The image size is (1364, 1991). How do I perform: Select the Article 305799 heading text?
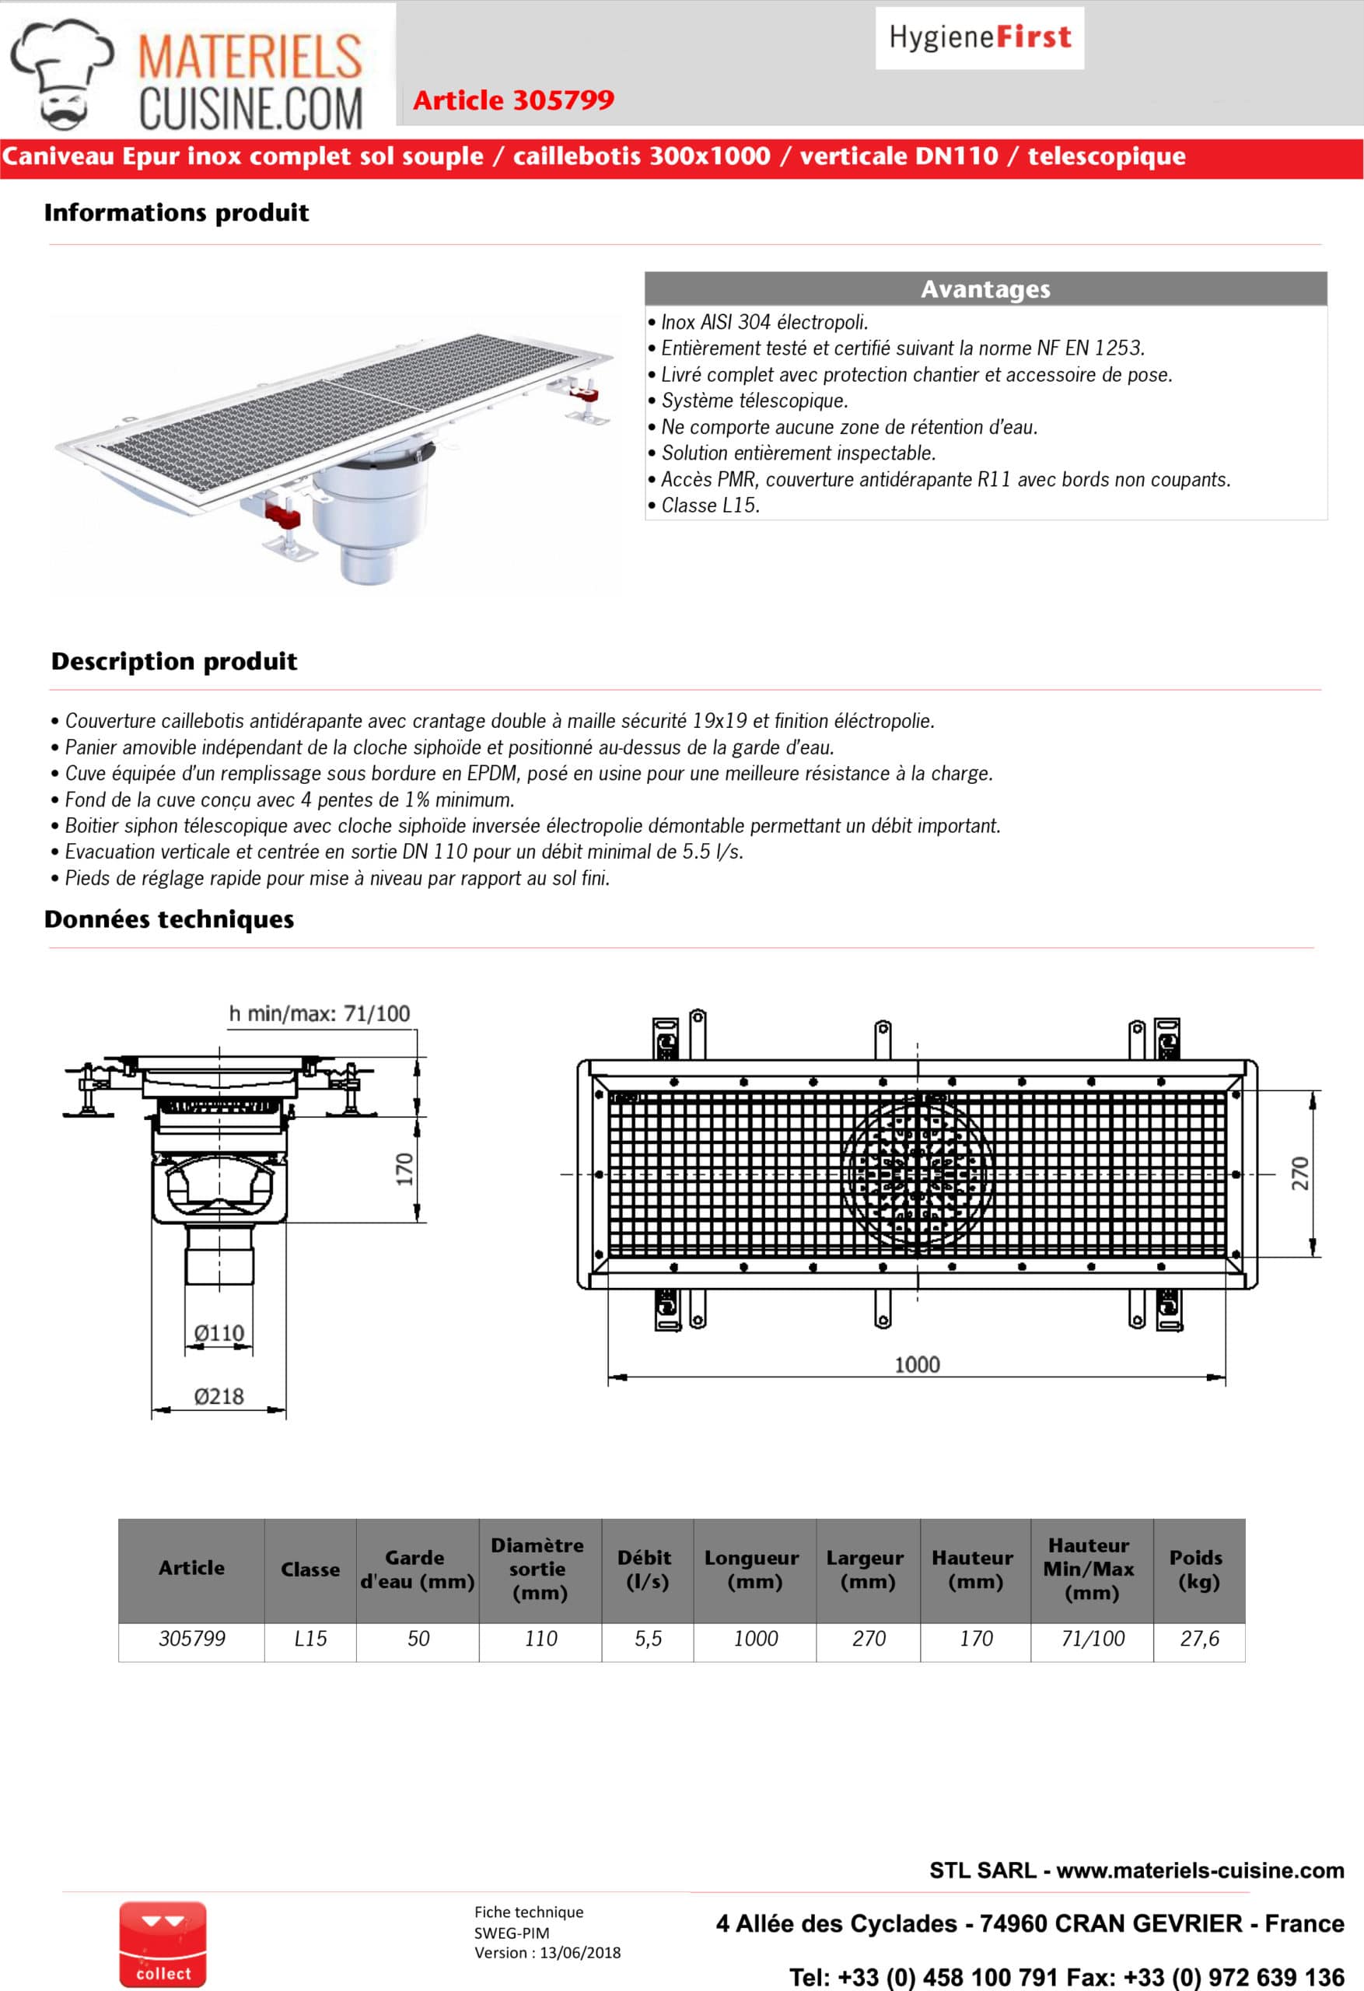pyautogui.click(x=513, y=100)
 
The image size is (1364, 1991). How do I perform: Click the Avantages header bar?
pyautogui.click(x=985, y=289)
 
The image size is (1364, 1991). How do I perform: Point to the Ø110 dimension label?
pyautogui.click(x=219, y=1333)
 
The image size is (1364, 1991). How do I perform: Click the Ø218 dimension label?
pyautogui.click(x=219, y=1397)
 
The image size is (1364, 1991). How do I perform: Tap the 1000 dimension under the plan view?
pyautogui.click(x=917, y=1365)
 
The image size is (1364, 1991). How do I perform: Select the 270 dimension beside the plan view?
pyautogui.click(x=1300, y=1174)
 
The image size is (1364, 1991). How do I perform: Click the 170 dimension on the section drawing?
pyautogui.click(x=404, y=1170)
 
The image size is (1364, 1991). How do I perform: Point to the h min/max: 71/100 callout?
pyautogui.click(x=320, y=1013)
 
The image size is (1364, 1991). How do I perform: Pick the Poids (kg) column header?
pyautogui.click(x=1197, y=1569)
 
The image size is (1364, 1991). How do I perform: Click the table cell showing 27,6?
pyautogui.click(x=1199, y=1639)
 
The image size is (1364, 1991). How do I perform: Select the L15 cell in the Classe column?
pyautogui.click(x=310, y=1639)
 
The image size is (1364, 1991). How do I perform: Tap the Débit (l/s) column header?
pyautogui.click(x=647, y=1569)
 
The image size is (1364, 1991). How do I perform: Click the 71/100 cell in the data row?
pyautogui.click(x=1093, y=1639)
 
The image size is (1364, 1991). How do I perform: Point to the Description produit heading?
pyautogui.click(x=174, y=661)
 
